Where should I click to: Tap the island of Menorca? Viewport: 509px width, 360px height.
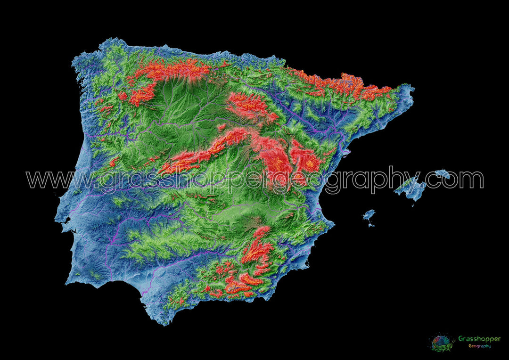443,173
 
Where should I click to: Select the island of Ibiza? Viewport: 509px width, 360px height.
369,215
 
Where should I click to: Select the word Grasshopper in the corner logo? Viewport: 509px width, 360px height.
479,339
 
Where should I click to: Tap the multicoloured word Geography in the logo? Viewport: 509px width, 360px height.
479,346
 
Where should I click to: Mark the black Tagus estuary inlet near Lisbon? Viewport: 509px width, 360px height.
66,220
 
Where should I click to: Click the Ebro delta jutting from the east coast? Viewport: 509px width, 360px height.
348,152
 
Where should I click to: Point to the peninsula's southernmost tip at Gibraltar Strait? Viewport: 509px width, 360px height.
165,323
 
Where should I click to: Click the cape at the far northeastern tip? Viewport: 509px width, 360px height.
411,88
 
